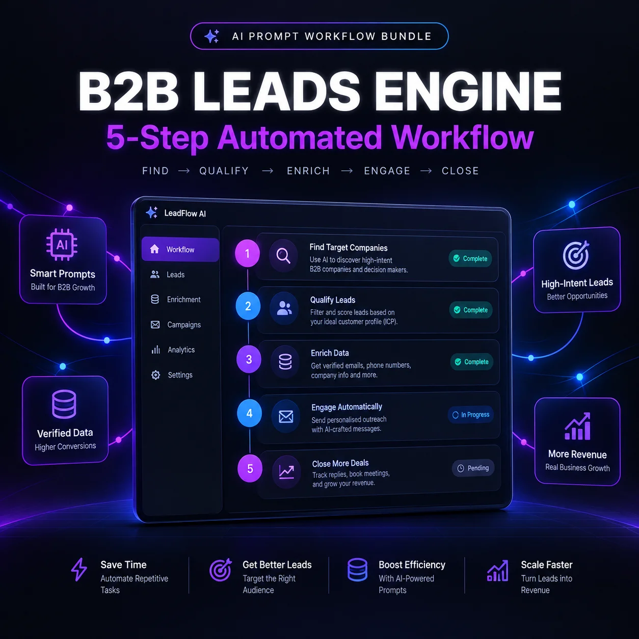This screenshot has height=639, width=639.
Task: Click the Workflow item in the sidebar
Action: coord(180,249)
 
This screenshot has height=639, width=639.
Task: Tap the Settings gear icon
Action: coord(155,375)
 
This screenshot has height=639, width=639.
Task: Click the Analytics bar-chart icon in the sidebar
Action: coord(155,350)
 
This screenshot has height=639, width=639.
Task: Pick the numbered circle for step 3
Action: coord(249,359)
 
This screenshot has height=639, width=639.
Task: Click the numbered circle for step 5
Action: coord(250,469)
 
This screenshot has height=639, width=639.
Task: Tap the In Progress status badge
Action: coord(470,414)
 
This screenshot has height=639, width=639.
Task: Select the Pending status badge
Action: coord(473,468)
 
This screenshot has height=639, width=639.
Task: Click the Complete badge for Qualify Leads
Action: coord(471,310)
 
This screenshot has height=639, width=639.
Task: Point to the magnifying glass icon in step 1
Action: coord(283,256)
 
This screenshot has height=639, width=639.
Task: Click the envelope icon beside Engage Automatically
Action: coord(286,416)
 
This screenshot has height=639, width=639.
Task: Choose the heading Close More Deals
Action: coord(340,463)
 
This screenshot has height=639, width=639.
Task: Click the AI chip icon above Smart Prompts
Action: coord(62,245)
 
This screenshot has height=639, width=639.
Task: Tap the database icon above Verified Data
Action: coord(64,404)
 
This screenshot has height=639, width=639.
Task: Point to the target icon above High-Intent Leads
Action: coord(576,255)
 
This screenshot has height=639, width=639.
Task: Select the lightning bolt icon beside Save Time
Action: coord(79,569)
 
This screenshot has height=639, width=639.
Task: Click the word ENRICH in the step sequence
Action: coord(308,171)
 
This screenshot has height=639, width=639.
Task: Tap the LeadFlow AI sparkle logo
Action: coord(152,212)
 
